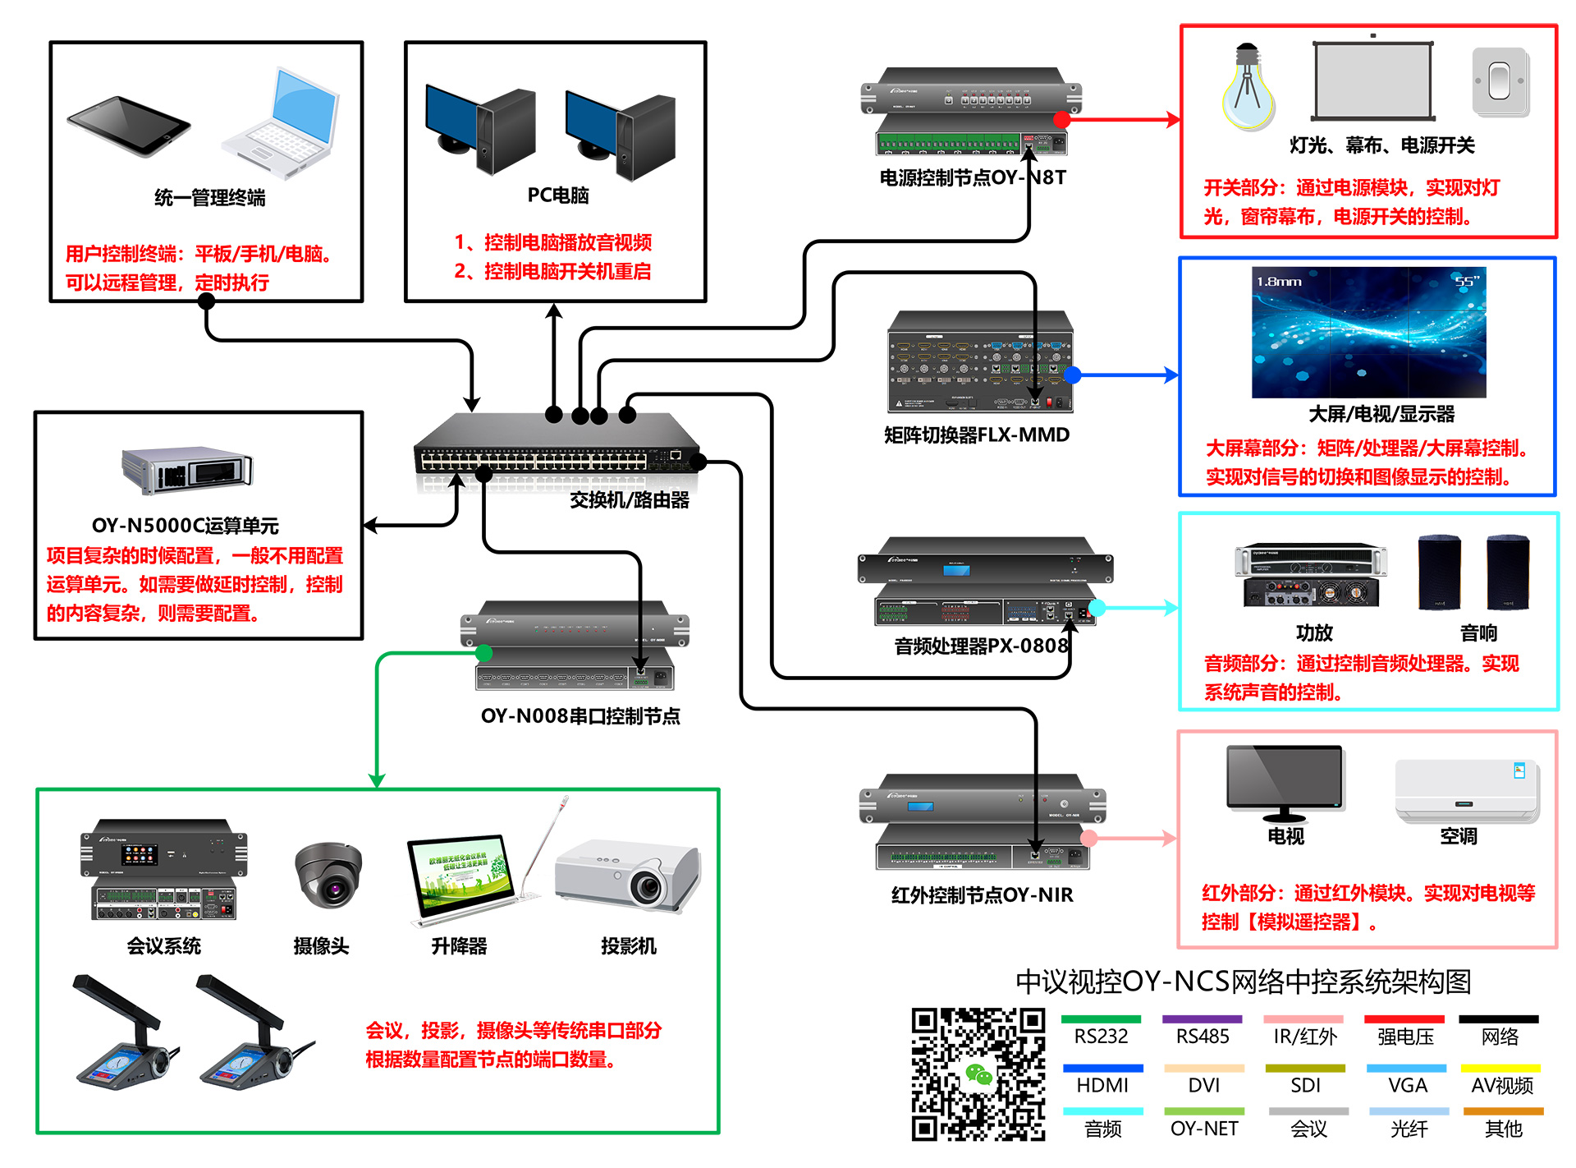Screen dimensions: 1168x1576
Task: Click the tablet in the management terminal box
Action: click(128, 125)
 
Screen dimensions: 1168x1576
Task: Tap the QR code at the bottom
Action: click(978, 1074)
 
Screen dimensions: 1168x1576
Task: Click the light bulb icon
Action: click(1248, 88)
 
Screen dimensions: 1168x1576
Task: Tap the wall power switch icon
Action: click(1500, 82)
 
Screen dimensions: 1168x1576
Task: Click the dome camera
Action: click(328, 875)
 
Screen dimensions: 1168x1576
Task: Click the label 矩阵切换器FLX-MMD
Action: click(977, 435)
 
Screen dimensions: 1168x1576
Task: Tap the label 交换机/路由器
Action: click(630, 499)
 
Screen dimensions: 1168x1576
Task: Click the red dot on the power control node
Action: click(1061, 119)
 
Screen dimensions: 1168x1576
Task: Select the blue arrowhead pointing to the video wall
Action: click(1171, 375)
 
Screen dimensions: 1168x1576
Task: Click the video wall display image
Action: click(1368, 332)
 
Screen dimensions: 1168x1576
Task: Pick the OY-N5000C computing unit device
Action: click(187, 471)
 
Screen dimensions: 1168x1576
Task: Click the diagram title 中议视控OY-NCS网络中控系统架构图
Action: click(1243, 982)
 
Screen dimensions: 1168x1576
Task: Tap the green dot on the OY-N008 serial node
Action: click(484, 653)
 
